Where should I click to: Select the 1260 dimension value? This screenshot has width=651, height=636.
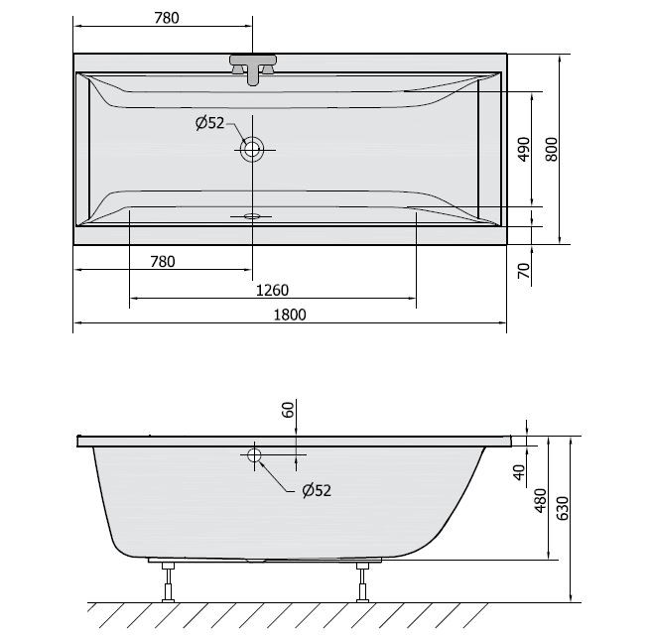point(272,290)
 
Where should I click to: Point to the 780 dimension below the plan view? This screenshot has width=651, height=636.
point(162,261)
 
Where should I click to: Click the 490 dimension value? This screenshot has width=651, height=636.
point(525,149)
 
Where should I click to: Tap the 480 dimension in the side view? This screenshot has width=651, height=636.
point(542,499)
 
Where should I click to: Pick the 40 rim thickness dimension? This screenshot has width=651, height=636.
point(519,470)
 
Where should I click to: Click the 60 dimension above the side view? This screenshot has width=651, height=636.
point(288,411)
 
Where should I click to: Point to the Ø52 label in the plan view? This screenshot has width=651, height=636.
point(209,123)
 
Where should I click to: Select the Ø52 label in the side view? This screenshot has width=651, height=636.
point(315,489)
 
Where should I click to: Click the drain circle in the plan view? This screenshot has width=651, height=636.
point(252,150)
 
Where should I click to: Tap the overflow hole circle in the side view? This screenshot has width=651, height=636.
point(253,455)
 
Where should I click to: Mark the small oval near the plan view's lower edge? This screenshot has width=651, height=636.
point(252,214)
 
